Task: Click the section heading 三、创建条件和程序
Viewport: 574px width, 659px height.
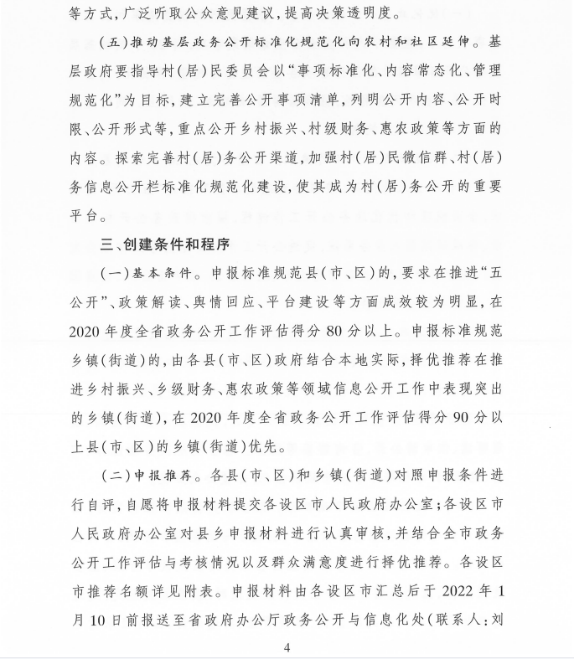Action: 164,244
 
